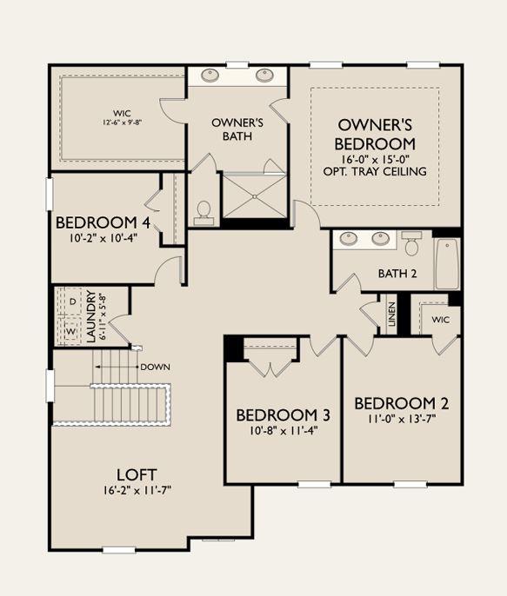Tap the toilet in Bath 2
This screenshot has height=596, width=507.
(411, 243)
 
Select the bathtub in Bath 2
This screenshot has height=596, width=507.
(447, 264)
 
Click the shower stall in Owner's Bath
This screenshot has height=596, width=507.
(255, 196)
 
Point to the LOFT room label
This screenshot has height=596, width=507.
(137, 474)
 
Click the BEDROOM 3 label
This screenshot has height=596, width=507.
(283, 415)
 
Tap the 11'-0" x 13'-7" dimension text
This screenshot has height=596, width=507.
(401, 419)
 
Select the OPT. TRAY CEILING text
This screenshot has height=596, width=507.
(375, 171)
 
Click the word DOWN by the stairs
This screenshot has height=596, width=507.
(155, 368)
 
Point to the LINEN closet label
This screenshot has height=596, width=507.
(391, 314)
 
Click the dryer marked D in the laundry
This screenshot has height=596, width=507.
(73, 301)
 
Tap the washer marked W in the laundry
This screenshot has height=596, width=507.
(71, 332)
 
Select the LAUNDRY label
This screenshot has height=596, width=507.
(91, 316)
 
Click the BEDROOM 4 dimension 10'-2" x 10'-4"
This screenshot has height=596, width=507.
(103, 238)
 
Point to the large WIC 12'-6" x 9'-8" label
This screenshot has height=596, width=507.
(122, 117)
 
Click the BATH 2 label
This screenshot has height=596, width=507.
(397, 274)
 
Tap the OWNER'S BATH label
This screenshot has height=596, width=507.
(237, 129)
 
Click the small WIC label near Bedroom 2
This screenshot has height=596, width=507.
(440, 320)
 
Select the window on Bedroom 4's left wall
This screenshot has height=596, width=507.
(50, 194)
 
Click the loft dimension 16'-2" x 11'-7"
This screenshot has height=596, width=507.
(137, 490)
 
